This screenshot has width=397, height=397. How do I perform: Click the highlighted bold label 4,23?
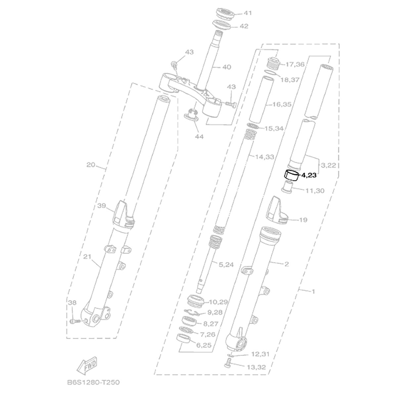click(309, 175)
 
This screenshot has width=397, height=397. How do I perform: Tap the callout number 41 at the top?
click(248, 13)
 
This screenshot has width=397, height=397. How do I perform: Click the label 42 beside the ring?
click(244, 26)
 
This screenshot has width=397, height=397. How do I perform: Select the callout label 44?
click(199, 136)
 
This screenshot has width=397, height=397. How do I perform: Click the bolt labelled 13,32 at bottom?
click(227, 366)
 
